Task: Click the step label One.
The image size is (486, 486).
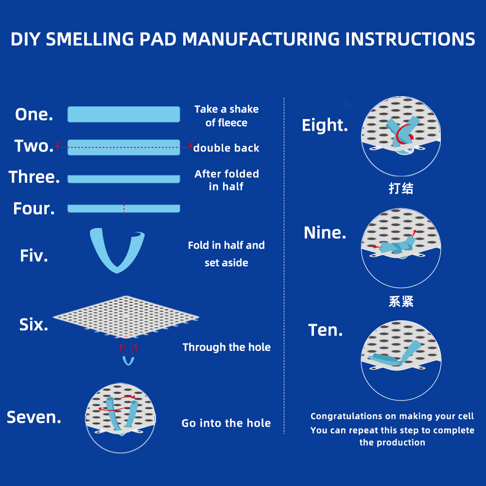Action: coord(34,114)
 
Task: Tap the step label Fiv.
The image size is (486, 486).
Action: coord(34,256)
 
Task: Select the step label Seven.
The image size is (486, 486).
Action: coord(34,417)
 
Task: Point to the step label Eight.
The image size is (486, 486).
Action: coord(325,125)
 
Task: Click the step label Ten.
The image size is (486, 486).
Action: coord(326,330)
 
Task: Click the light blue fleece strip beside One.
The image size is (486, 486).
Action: coord(123,114)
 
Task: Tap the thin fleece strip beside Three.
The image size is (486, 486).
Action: coord(123,179)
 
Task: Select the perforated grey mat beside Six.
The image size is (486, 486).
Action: coord(126,317)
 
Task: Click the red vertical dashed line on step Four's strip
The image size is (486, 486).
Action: coord(123,208)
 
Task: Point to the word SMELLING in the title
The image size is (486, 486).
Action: coord(90,39)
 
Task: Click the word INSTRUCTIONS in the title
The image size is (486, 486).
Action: coord(410,39)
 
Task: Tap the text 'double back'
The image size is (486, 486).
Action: coord(226,148)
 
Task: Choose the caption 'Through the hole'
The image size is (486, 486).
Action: coord(226,347)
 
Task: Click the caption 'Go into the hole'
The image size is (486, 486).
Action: coord(226,423)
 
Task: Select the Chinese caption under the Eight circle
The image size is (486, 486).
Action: coord(401,189)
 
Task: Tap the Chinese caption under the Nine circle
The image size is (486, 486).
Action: coord(401,301)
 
